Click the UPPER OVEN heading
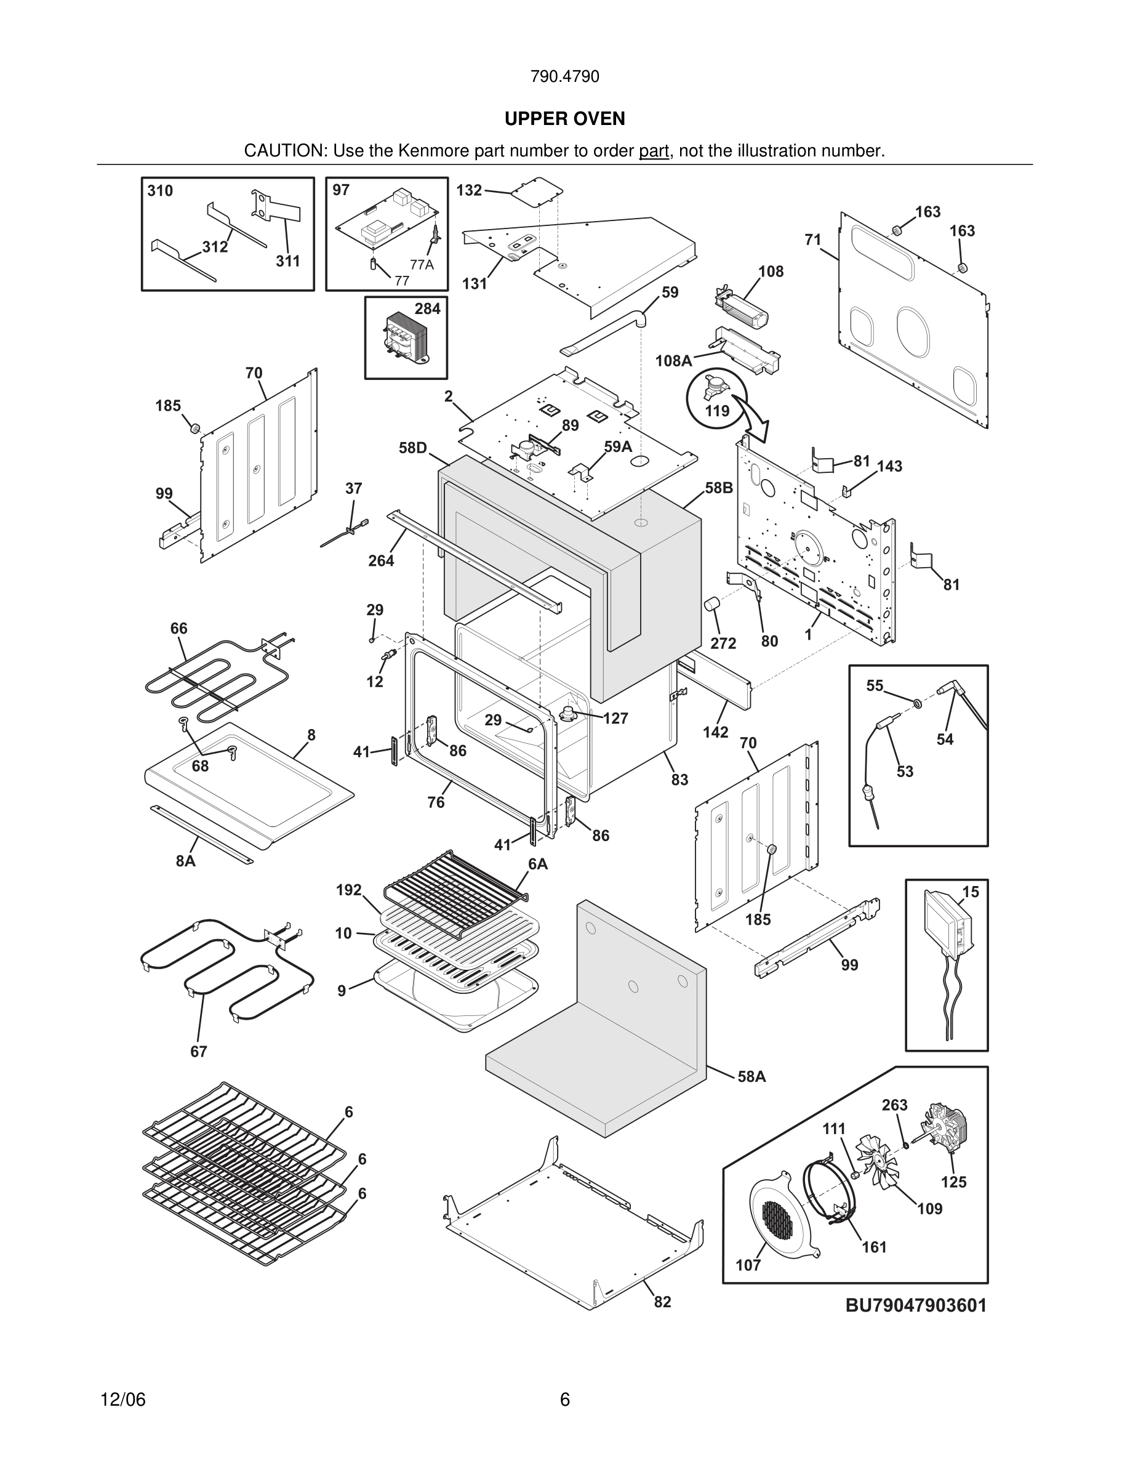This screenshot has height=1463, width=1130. coord(564,119)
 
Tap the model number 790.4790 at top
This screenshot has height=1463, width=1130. coord(564,76)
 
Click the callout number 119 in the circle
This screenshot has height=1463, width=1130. coord(717,410)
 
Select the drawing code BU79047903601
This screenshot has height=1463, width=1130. coord(916,1305)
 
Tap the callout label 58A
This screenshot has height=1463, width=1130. coord(751,1076)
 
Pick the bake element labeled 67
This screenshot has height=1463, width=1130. coord(221,965)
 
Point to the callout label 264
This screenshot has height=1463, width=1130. coord(381,561)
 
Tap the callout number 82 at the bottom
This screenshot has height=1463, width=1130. coord(662,1301)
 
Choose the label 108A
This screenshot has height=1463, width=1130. coord(673,361)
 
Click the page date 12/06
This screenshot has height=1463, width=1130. coord(122,1399)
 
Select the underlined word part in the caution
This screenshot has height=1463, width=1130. coord(654,151)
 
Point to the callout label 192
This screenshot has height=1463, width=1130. coord(349,890)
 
